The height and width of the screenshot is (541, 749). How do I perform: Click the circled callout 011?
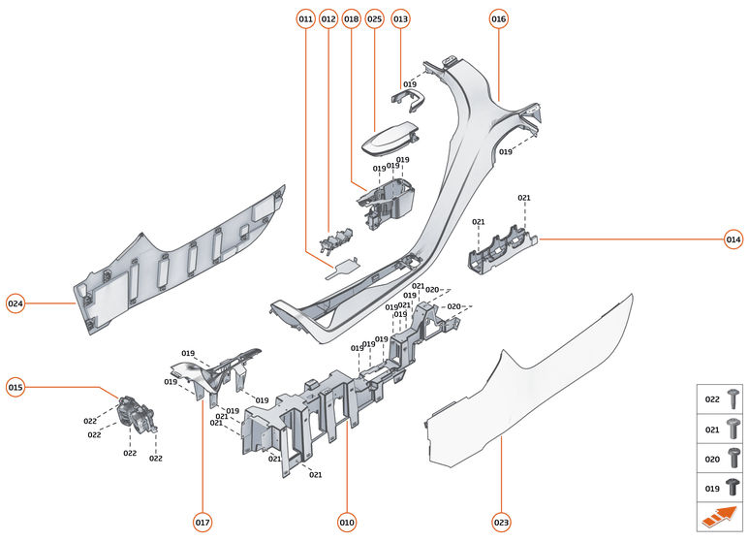click(306, 18)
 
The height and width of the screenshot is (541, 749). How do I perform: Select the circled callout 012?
click(328, 18)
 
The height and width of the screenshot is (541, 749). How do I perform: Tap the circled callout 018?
click(351, 18)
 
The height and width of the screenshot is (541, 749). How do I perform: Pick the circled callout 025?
click(374, 18)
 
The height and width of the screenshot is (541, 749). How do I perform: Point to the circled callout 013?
click(400, 18)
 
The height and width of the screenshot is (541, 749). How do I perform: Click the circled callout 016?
click(498, 18)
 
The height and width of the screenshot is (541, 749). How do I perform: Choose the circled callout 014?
click(733, 239)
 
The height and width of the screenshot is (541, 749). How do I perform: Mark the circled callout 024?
click(16, 303)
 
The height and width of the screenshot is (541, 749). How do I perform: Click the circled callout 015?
click(16, 388)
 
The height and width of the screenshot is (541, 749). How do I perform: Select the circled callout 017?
click(203, 523)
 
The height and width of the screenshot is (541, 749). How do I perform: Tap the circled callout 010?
click(347, 523)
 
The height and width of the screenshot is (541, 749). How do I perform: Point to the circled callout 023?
click(501, 523)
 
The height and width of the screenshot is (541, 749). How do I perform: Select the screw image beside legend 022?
click(733, 398)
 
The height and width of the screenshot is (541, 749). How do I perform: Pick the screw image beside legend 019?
click(733, 489)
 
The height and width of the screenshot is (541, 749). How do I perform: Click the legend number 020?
click(711, 459)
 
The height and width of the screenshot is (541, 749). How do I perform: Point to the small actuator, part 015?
click(133, 414)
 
